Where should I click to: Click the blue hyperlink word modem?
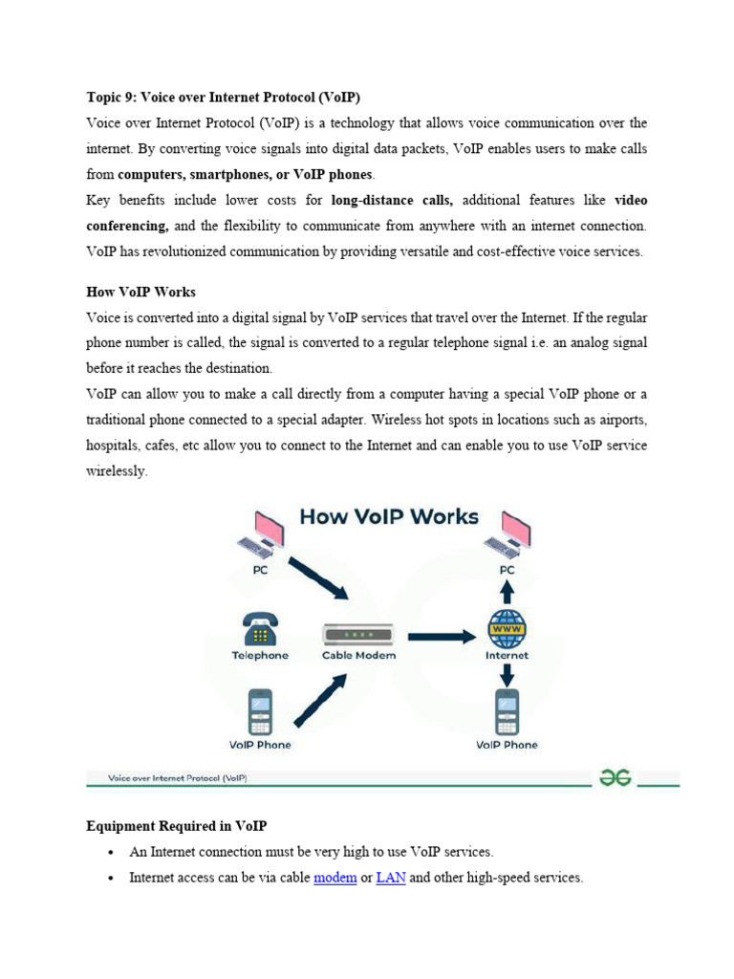335,877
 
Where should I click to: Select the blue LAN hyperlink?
391,877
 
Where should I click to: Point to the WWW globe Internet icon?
507,629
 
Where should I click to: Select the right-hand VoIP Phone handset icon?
507,711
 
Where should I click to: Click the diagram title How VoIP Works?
389,517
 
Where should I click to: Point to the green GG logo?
615,778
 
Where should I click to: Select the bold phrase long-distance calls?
392,202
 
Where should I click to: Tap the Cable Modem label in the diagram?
358,656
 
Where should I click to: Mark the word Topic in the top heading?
104,98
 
